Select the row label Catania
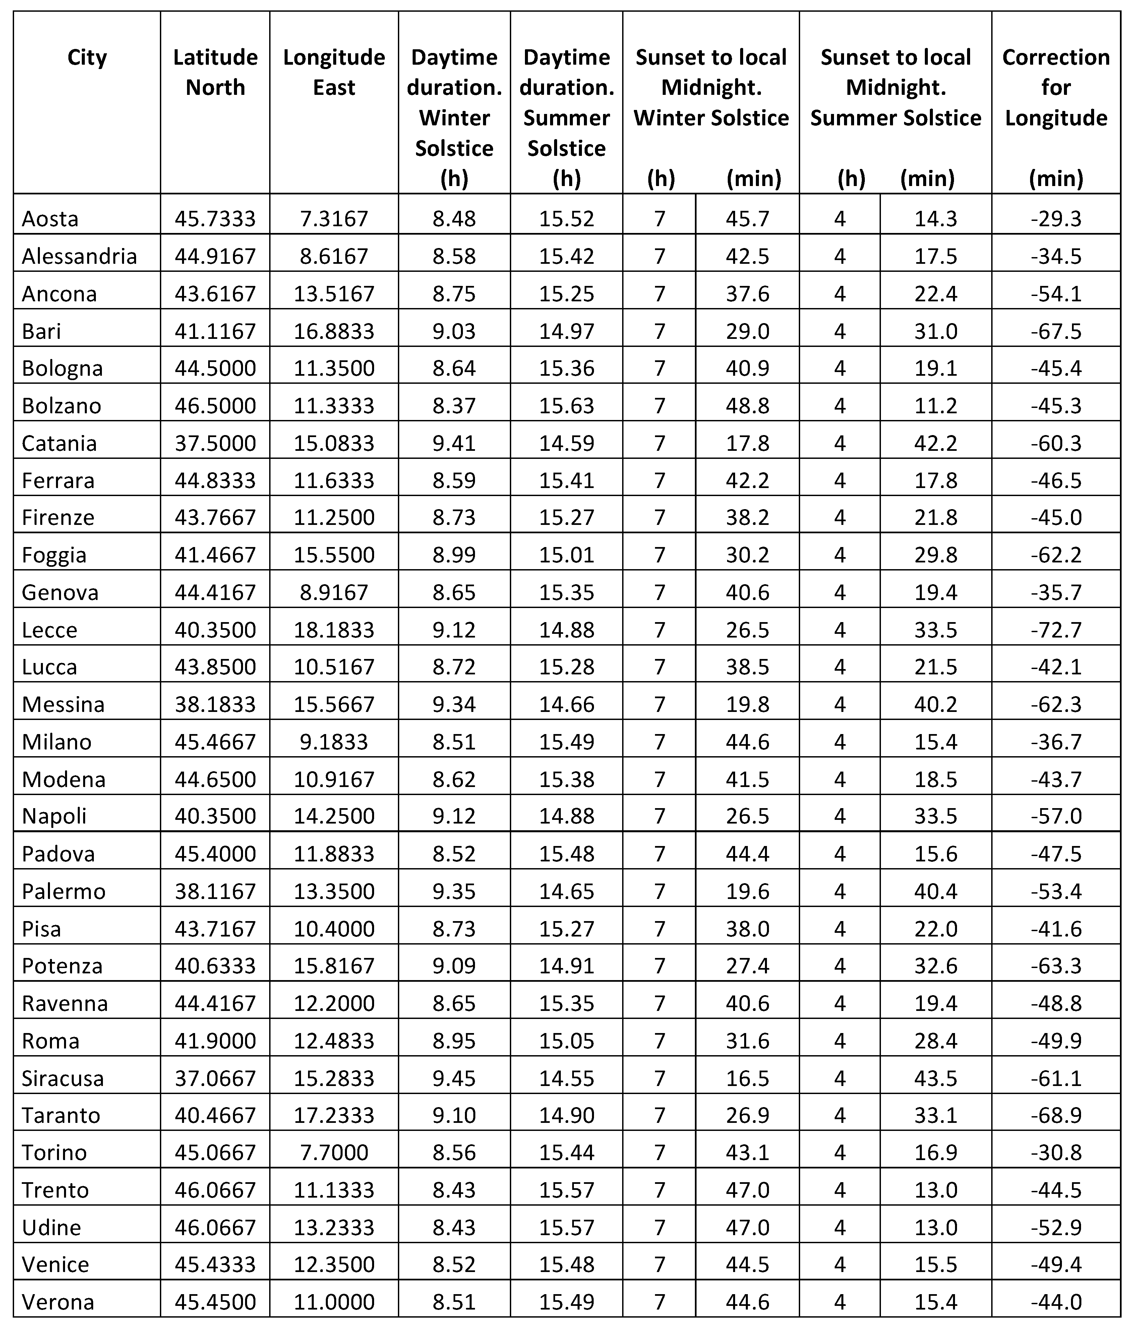point(59,443)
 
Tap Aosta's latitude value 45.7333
point(215,219)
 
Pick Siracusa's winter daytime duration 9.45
point(454,1078)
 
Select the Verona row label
point(58,1302)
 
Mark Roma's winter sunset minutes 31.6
point(747,1040)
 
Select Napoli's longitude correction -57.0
point(1056,816)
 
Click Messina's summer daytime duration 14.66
point(566,704)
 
